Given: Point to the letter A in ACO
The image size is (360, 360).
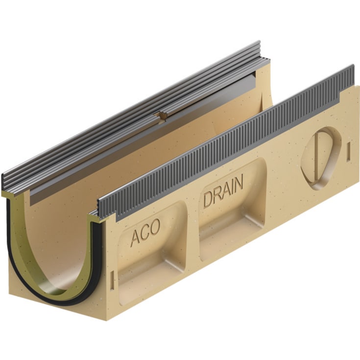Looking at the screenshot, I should (135, 239).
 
